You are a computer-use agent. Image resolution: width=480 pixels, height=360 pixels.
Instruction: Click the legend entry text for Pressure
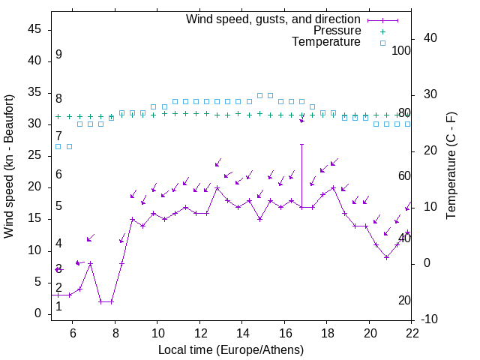click(337, 31)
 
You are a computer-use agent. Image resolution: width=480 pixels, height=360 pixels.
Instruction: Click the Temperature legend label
click(326, 42)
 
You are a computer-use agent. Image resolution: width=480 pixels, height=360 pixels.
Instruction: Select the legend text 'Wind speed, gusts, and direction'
click(274, 19)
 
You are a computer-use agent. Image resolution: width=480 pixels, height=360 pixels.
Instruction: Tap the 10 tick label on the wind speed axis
click(33, 250)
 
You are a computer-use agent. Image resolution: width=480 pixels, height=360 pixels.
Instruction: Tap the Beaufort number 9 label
click(58, 55)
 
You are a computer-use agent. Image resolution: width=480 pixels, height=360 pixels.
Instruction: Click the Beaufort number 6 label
click(58, 175)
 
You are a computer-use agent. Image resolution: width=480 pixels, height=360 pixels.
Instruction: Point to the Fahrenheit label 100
click(401, 51)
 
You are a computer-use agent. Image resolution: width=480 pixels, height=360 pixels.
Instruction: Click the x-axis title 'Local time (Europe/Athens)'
click(231, 350)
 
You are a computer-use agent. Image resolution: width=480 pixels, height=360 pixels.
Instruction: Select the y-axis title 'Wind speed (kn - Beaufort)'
click(10, 166)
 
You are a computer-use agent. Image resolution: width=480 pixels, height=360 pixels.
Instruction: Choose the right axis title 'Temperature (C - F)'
click(451, 166)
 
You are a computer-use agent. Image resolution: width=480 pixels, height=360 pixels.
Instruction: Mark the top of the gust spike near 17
click(302, 144)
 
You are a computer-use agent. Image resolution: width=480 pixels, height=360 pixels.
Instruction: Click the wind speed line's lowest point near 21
click(386, 257)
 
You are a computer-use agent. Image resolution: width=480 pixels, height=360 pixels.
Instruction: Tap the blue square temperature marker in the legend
click(382, 43)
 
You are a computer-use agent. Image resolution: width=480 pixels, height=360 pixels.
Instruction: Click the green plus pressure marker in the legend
click(382, 31)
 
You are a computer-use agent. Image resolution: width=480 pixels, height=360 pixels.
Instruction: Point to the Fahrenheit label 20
click(404, 301)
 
